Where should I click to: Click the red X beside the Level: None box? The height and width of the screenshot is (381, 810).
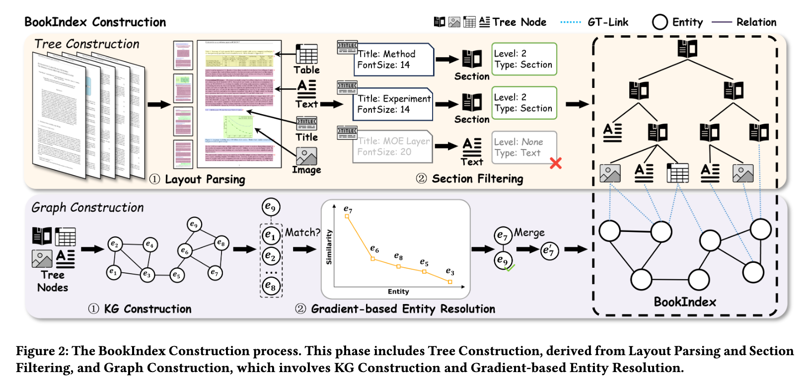pos(556,163)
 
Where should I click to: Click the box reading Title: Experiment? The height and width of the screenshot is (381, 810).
pos(393,104)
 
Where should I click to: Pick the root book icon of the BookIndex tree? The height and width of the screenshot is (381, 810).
pos(687,49)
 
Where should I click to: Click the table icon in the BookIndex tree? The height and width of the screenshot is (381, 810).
pos(677,173)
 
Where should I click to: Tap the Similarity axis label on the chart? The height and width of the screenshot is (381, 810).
pos(329,247)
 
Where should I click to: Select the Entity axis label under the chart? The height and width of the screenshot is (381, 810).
pos(398,292)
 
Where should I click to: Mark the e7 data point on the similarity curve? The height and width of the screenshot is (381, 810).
pos(347,217)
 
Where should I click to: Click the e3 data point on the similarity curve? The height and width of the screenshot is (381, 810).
pos(450,282)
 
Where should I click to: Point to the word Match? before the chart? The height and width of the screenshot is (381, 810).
pos(302,232)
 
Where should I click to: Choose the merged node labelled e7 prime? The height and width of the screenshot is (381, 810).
pos(549,250)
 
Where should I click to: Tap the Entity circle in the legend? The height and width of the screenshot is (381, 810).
pos(660,22)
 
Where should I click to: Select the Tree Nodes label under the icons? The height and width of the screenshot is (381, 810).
pos(53,281)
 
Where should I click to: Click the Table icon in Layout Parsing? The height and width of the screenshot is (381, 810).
pos(306,54)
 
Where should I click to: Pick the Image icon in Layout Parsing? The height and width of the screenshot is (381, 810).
pos(306,156)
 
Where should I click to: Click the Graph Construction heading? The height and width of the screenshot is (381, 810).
pos(87,208)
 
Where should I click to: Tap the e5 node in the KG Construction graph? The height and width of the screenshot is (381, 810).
pos(177,275)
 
